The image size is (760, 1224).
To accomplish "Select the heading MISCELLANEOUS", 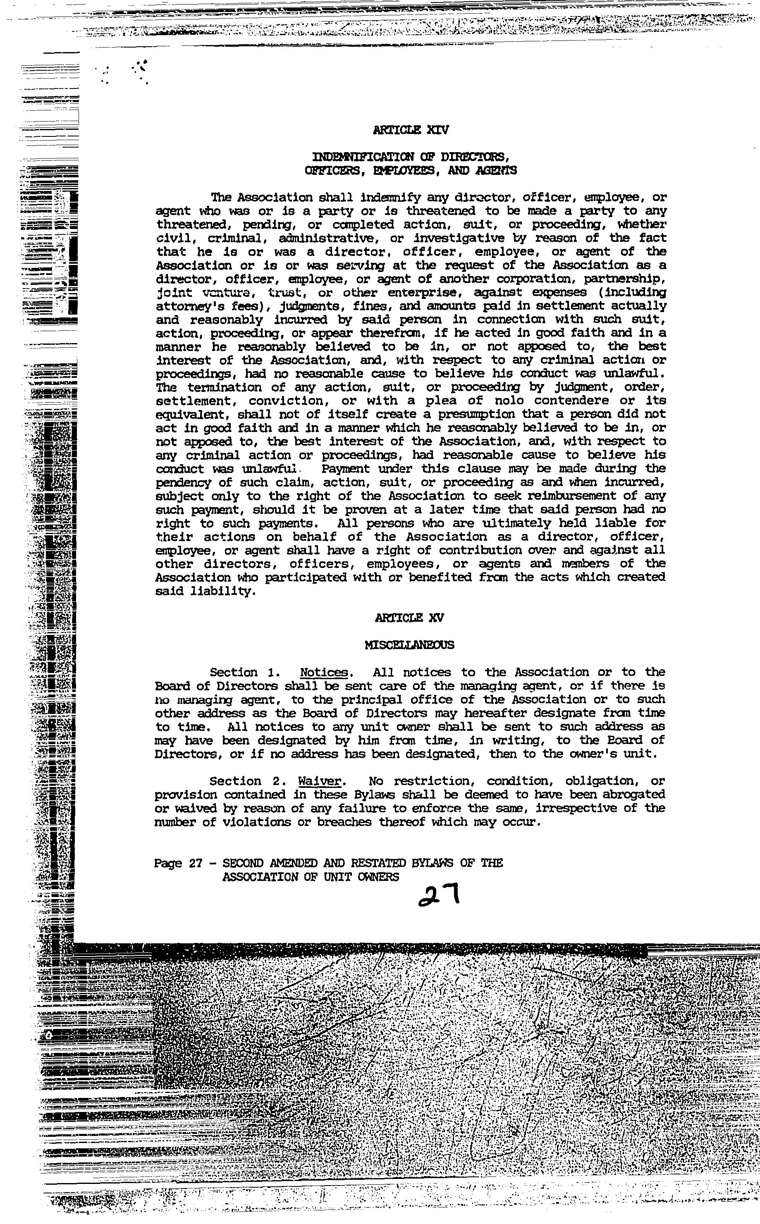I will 410,645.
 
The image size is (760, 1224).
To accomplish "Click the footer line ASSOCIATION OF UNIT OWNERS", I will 311,877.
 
